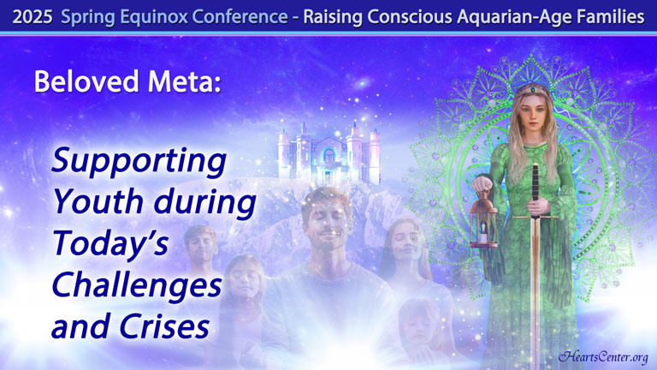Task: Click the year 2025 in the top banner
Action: [x=33, y=17]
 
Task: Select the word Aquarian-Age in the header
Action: [x=512, y=17]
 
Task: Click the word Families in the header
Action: [x=608, y=17]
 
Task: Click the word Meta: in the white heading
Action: [x=185, y=81]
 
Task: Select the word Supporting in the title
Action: [x=139, y=162]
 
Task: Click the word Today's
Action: [x=110, y=243]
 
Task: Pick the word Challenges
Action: [x=137, y=285]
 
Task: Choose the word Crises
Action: [x=164, y=326]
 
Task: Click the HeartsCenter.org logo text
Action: [x=602, y=356]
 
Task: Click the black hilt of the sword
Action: [x=535, y=189]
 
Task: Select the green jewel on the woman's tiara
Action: [x=533, y=89]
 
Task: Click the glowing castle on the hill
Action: [x=329, y=153]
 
